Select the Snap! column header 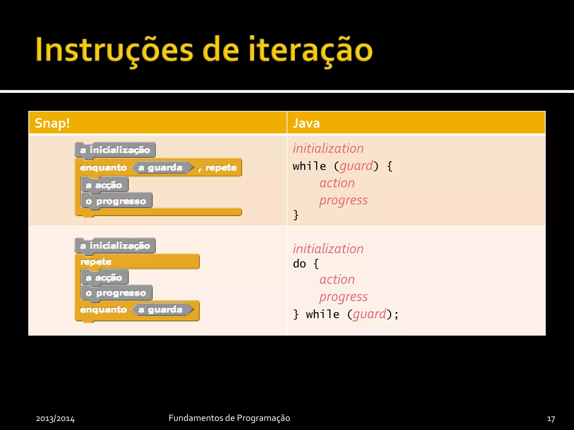(x=52, y=123)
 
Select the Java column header (x=306, y=123)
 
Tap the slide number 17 (x=551, y=419)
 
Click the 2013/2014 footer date (x=55, y=419)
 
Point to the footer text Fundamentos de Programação (x=229, y=418)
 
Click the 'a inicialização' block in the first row (x=115, y=150)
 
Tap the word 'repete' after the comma (x=221, y=168)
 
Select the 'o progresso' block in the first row (x=116, y=201)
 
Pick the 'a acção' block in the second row (x=104, y=277)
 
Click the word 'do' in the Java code (x=299, y=264)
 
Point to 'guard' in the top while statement (x=356, y=166)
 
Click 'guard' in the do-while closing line (x=369, y=314)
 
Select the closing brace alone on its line (x=296, y=215)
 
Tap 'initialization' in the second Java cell (x=328, y=249)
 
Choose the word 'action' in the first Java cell (x=337, y=183)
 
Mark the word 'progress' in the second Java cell (x=343, y=297)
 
